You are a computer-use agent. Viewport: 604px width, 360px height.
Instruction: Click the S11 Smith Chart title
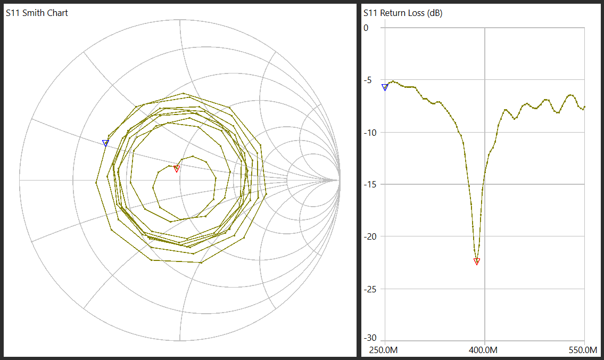(37, 13)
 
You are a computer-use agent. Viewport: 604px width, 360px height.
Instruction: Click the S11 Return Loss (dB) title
(403, 13)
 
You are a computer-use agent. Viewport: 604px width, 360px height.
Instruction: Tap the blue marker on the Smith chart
(106, 143)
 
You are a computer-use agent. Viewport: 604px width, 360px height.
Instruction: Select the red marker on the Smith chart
(177, 169)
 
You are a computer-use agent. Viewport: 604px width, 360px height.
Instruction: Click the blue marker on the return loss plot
(385, 87)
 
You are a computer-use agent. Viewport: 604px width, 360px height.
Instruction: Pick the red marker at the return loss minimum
(477, 261)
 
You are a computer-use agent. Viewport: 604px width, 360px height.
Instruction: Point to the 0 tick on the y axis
(366, 28)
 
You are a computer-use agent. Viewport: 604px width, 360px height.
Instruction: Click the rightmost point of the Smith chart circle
(340, 181)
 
